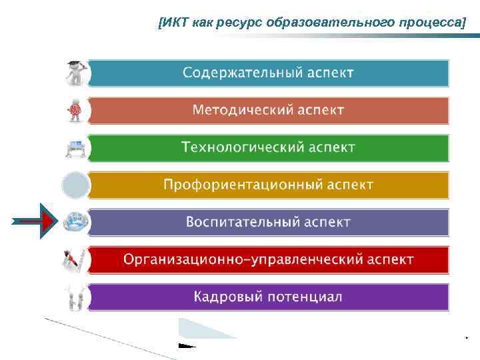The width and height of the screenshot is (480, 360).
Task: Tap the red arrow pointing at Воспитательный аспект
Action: tap(33, 221)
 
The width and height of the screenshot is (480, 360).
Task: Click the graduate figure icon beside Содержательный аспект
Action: tap(74, 72)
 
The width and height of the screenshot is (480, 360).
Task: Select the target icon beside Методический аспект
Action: tap(75, 109)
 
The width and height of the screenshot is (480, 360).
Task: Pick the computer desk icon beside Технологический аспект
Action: tap(74, 147)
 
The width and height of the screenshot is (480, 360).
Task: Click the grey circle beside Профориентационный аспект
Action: tap(75, 185)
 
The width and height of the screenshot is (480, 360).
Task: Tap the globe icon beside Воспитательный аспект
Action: tap(74, 222)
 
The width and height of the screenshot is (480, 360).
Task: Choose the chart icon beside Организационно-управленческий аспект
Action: tap(74, 259)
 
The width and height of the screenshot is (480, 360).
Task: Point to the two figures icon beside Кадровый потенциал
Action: tap(74, 297)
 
